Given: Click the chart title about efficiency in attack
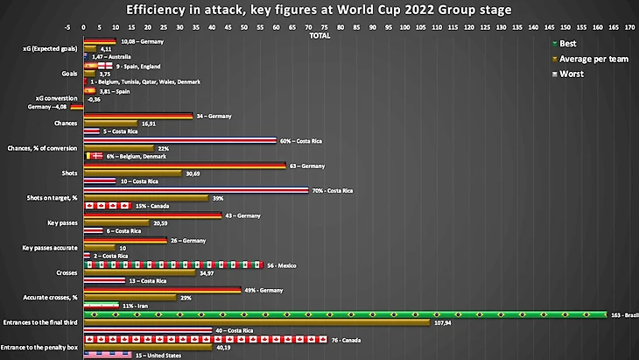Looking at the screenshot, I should click(x=319, y=10).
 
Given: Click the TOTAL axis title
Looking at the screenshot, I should click(x=319, y=36).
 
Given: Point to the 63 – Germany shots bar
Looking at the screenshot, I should click(x=184, y=165).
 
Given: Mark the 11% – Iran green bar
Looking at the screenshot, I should click(x=101, y=305).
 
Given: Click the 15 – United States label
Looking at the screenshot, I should click(x=158, y=356).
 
